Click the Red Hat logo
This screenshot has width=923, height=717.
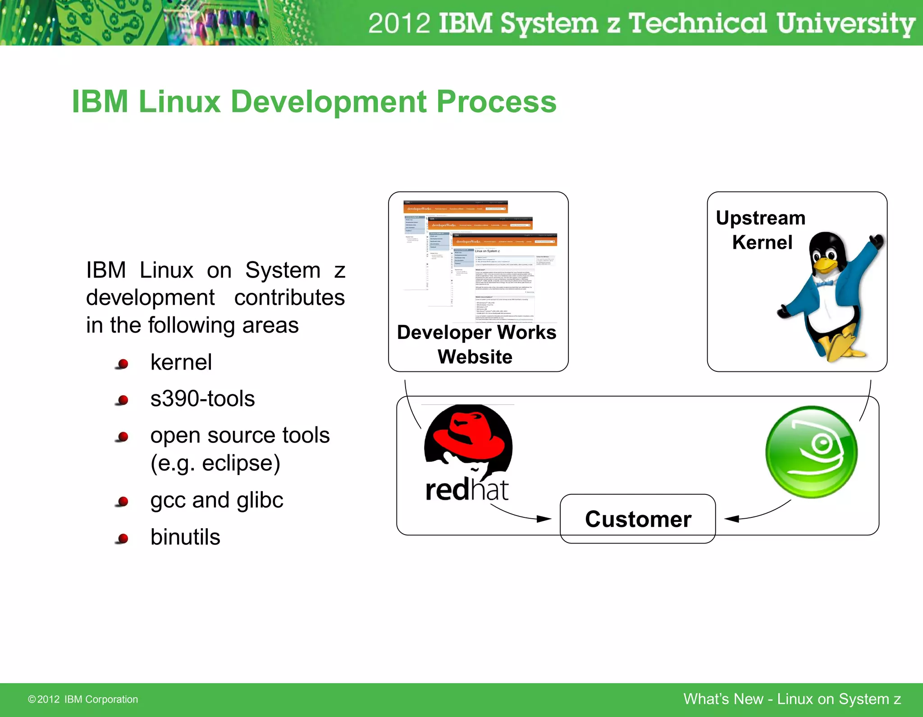(x=468, y=452)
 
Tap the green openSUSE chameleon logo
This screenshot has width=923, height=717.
(x=811, y=452)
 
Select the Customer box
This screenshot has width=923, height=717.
(x=638, y=519)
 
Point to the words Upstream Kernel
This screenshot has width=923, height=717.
(x=761, y=230)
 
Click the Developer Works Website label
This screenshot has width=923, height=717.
(x=476, y=344)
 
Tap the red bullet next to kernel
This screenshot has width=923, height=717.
(x=123, y=363)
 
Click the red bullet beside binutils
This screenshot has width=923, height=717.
(x=123, y=538)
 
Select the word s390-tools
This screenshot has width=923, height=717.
(x=202, y=399)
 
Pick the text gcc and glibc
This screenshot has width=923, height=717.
(x=217, y=500)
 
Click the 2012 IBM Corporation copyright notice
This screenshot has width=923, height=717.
(x=83, y=699)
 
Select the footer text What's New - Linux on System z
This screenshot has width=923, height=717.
(x=792, y=699)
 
